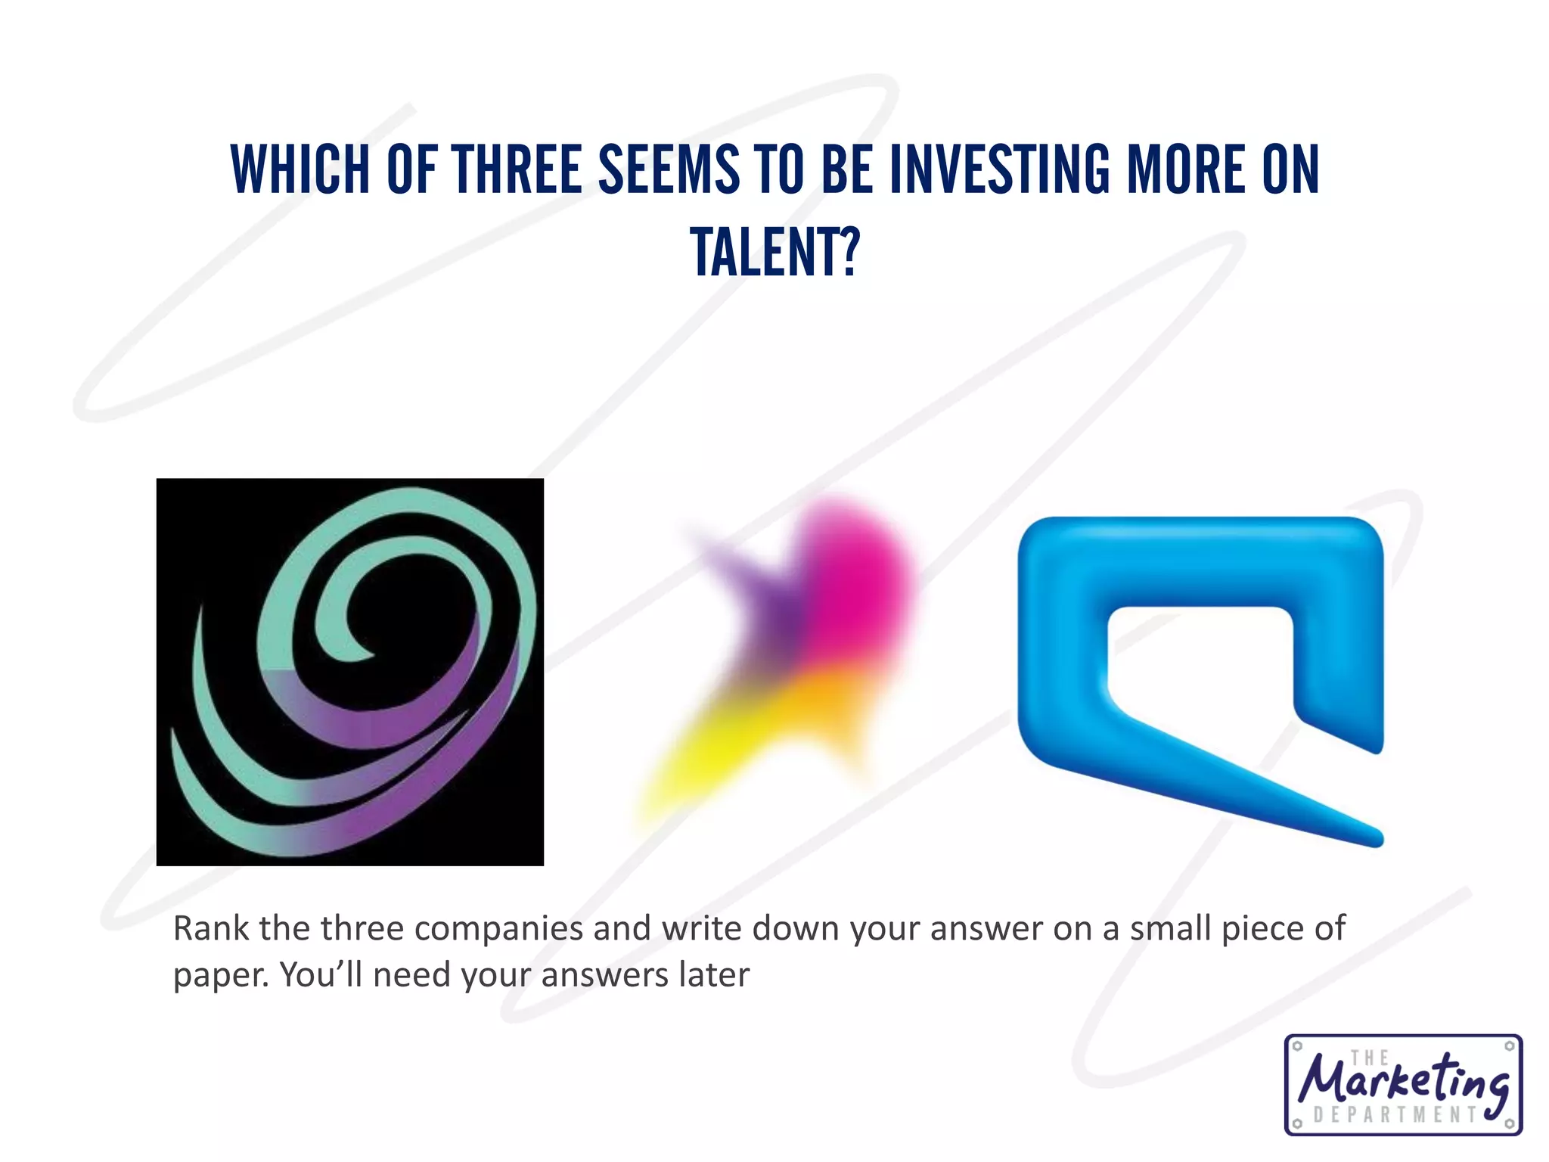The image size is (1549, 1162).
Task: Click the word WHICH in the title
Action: [300, 169]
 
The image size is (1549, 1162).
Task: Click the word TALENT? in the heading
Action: [774, 253]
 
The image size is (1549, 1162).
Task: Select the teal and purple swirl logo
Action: [350, 672]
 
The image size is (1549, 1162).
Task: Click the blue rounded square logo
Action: [1201, 666]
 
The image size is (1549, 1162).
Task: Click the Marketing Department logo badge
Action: [1404, 1085]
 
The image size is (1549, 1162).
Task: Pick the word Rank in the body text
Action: [210, 928]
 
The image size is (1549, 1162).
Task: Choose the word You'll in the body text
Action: [321, 974]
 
